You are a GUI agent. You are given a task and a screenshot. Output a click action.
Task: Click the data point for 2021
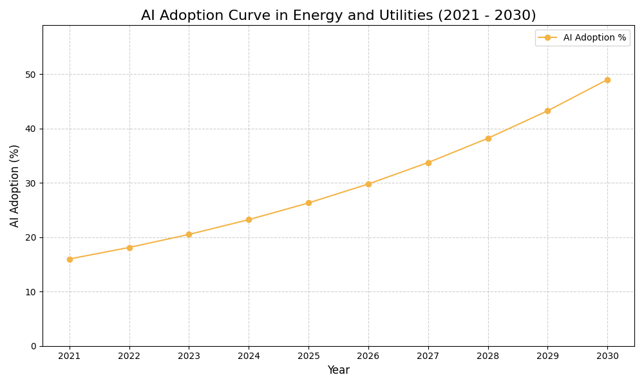point(70,259)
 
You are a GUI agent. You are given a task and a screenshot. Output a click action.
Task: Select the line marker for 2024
point(249,220)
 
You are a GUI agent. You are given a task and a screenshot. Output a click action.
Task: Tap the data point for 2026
point(368,184)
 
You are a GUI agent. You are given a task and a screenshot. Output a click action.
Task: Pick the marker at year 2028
point(488,138)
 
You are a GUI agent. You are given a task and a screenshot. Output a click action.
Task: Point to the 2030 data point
point(607,80)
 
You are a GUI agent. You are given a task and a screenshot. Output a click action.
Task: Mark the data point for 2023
point(189,234)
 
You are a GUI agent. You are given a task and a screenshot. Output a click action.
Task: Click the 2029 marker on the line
point(547,111)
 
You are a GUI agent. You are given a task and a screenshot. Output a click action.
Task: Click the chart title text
point(338,15)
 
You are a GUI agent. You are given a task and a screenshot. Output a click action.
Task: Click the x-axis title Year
point(338,371)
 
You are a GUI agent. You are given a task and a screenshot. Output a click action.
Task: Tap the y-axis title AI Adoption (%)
point(15,185)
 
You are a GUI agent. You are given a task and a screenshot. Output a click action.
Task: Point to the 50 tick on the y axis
point(31,75)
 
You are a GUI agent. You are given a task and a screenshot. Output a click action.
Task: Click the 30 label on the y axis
point(31,183)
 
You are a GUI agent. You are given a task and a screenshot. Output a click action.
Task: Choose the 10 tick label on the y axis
point(31,292)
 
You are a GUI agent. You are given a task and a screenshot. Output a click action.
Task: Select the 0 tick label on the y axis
point(33,346)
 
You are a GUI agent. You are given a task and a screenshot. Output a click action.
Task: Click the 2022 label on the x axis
point(129,356)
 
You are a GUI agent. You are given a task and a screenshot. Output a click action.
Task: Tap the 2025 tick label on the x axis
point(308,356)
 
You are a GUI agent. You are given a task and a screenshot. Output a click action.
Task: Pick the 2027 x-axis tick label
point(428,356)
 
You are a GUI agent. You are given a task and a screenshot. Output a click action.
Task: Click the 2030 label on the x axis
point(607,356)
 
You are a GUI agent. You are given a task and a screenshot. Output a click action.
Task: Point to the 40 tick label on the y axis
point(31,129)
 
